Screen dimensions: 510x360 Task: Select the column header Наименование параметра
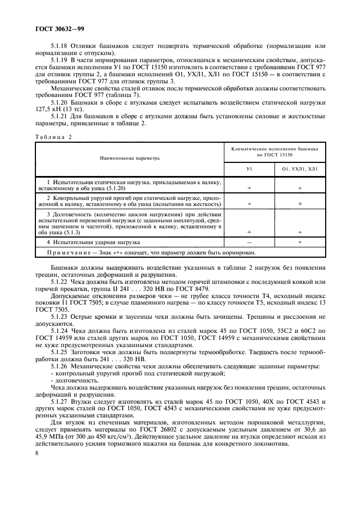click(x=130, y=159)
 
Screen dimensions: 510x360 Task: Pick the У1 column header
click(x=249, y=169)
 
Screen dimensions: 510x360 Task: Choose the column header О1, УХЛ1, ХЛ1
click(x=300, y=169)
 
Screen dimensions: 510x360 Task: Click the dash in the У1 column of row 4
click(x=249, y=241)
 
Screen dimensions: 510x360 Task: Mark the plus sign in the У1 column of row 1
click(x=249, y=187)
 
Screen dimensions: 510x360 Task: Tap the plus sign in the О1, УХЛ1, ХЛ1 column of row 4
click(x=300, y=241)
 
